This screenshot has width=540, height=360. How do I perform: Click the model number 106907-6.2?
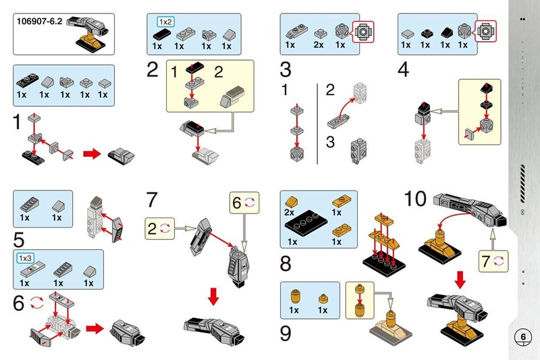coord(39,22)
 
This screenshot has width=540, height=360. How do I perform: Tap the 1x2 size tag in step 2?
coord(165,22)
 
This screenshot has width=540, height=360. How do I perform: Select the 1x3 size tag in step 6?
coord(25,258)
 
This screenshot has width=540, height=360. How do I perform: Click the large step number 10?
coord(415,199)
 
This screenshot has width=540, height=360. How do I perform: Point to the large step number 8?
coord(286,263)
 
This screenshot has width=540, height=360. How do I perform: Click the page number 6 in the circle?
coord(522,336)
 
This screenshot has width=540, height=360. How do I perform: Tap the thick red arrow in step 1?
coord(92,153)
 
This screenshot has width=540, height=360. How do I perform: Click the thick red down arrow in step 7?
coord(213,297)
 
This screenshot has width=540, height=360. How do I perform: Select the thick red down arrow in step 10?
coord(460,280)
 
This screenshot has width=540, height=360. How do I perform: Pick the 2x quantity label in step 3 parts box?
coord(319,45)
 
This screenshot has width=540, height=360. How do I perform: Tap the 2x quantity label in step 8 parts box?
coord(290,212)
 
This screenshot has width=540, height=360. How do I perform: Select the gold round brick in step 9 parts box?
coord(295,297)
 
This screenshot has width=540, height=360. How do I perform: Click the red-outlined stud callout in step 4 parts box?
coord(485,31)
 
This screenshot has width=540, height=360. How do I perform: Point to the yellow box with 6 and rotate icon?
coord(244,203)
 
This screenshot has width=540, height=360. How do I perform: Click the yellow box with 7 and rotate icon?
coord(493,261)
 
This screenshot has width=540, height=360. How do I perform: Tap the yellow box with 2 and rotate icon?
coord(159,228)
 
